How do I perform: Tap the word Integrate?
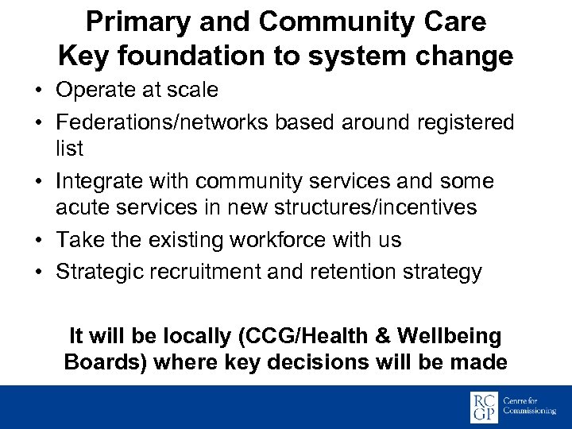(97, 182)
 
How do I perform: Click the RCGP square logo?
(484, 408)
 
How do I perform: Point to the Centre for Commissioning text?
(532, 408)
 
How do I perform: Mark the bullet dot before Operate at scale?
(38, 91)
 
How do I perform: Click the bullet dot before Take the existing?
(38, 240)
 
